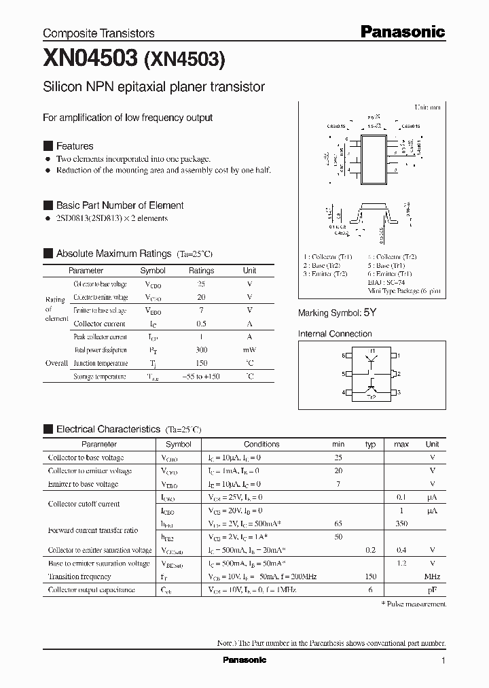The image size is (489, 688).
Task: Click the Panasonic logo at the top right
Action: click(402, 31)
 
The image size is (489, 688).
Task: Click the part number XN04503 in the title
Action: click(90, 60)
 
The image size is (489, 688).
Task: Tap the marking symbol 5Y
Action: click(369, 313)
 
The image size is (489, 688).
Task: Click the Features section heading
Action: click(74, 146)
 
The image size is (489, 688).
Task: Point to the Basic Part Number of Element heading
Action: click(120, 205)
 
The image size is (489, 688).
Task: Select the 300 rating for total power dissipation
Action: click(201, 350)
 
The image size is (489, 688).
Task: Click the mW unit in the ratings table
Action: click(249, 350)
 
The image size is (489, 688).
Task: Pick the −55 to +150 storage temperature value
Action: click(201, 377)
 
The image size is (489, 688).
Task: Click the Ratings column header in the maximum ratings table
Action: click(201, 271)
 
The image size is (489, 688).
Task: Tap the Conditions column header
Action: click(261, 445)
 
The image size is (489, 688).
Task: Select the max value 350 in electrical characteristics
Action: click(401, 523)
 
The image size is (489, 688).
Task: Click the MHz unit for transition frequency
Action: click(432, 577)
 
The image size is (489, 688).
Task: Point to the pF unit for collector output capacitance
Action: click(432, 590)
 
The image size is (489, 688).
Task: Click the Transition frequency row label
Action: click(79, 577)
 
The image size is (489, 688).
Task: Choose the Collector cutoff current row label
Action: click(84, 504)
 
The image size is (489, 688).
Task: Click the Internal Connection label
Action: click(335, 334)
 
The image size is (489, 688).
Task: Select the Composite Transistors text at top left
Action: click(98, 33)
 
